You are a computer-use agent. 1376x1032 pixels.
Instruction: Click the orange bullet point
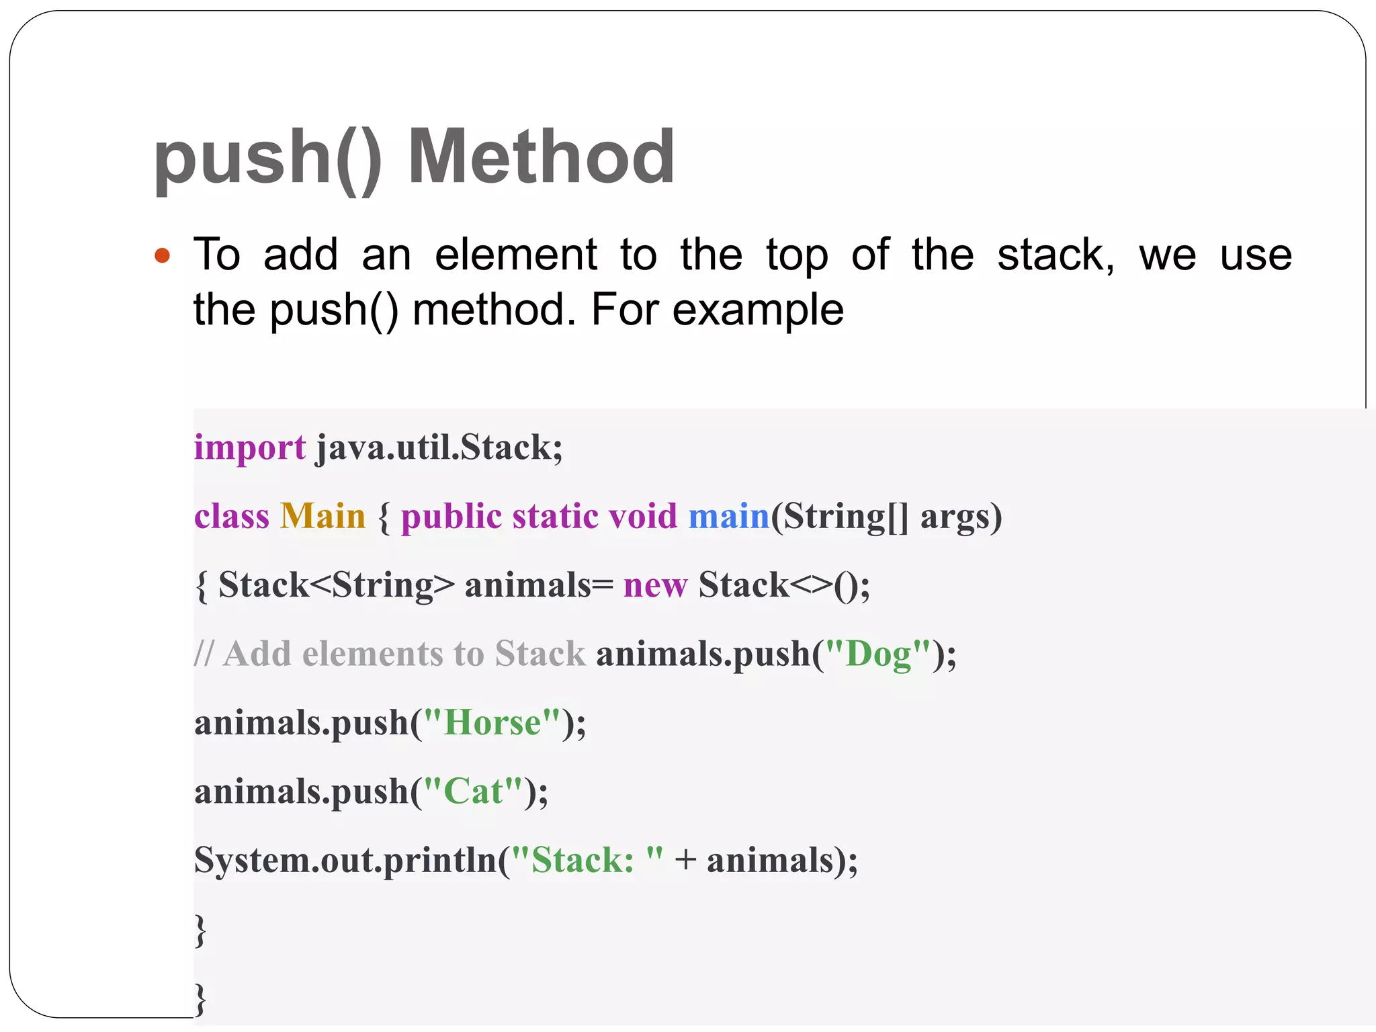162,256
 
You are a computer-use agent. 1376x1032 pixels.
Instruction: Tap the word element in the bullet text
515,255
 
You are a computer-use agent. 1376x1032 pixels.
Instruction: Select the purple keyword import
249,448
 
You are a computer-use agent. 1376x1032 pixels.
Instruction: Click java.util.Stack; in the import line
439,447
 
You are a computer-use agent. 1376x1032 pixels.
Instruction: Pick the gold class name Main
322,517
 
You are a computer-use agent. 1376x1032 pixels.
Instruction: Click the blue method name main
728,517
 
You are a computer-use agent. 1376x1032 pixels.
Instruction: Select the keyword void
642,517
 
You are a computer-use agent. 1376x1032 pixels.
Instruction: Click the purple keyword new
655,585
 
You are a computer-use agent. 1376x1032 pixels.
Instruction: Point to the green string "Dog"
877,654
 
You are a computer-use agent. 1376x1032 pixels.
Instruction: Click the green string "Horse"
492,723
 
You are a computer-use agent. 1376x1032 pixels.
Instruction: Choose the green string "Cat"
473,791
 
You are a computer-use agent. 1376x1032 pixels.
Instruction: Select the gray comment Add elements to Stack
390,654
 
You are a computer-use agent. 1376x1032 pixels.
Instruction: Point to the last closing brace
200,999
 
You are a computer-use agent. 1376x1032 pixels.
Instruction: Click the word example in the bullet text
758,310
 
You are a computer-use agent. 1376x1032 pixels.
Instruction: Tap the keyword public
451,517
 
